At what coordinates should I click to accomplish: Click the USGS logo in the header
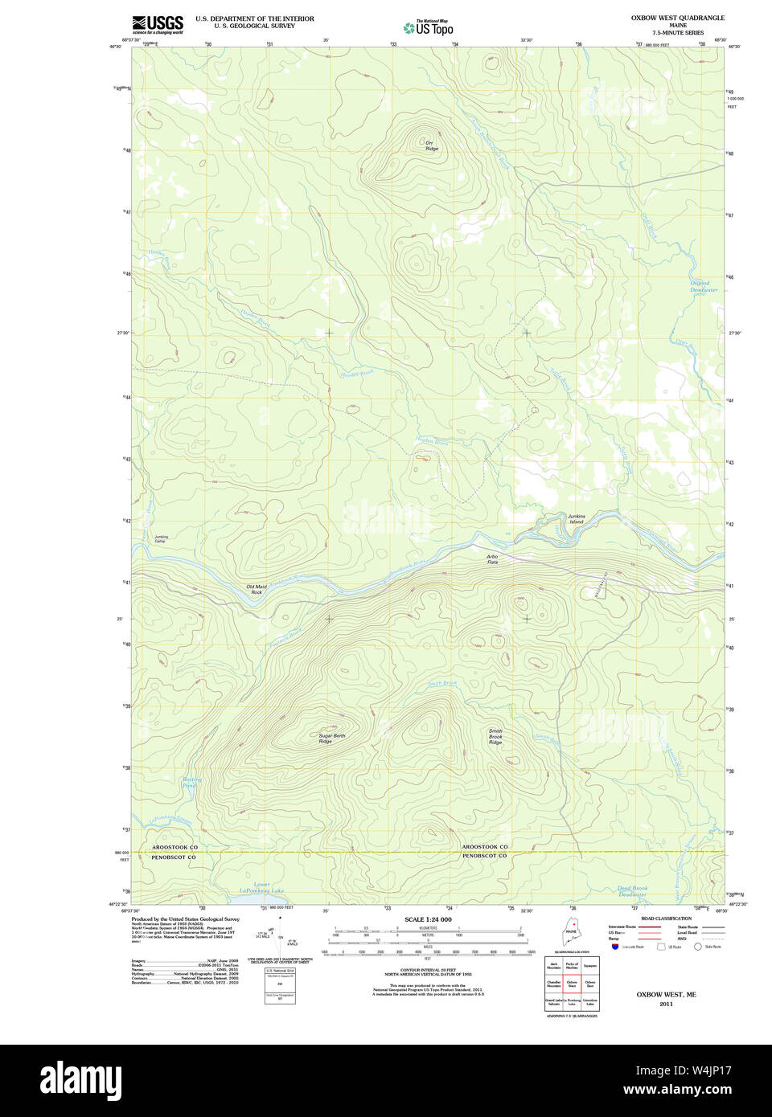[158, 24]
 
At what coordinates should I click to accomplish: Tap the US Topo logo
[429, 28]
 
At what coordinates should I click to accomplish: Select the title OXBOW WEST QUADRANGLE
[677, 18]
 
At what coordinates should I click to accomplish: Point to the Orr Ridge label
[432, 146]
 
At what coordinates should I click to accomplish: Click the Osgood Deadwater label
[704, 286]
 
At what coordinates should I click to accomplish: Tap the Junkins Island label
[576, 519]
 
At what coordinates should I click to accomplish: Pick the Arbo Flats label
[492, 559]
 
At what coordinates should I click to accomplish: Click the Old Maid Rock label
[256, 589]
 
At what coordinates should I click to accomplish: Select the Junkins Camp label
[162, 538]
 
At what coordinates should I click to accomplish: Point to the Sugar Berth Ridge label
[331, 739]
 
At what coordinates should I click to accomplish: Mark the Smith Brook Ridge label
[495, 737]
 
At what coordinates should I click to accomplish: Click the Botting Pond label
[191, 782]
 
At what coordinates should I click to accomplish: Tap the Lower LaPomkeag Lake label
[261, 888]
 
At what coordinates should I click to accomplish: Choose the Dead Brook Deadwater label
[632, 891]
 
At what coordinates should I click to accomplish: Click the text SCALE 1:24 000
[428, 919]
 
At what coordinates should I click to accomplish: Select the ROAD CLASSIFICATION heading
[666, 919]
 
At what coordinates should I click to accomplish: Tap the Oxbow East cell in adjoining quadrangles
[590, 984]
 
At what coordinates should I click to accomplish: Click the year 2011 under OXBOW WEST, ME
[666, 1004]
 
